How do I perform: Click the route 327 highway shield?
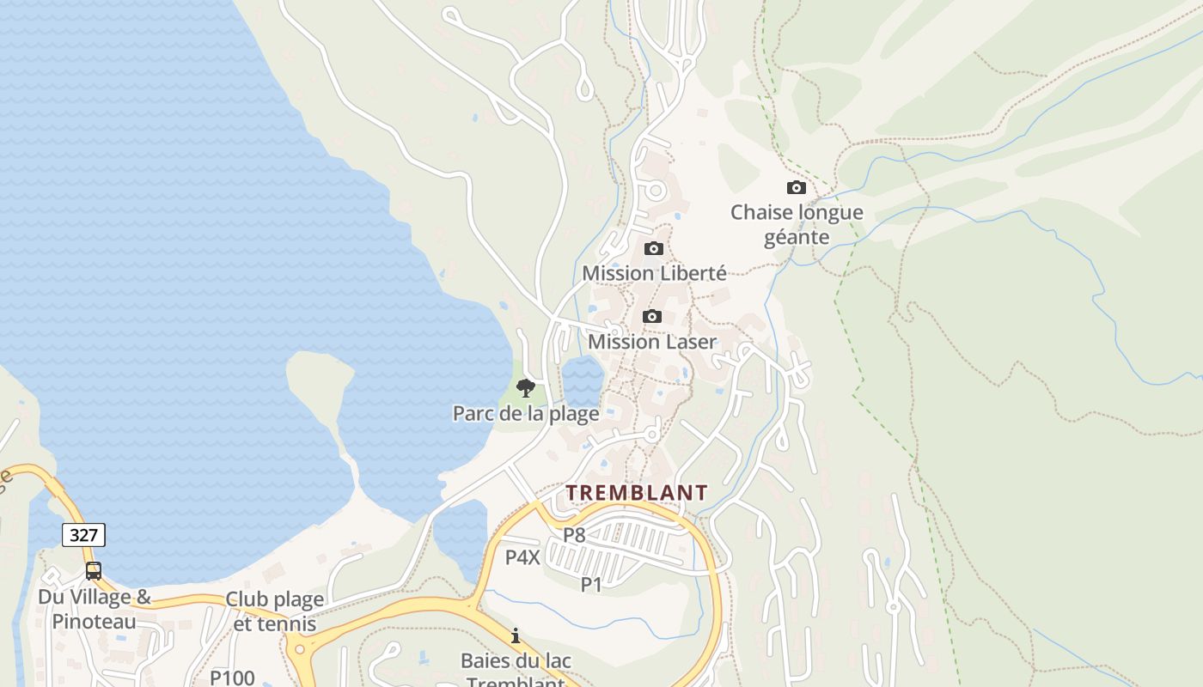(83, 535)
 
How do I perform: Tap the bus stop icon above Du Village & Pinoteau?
(94, 571)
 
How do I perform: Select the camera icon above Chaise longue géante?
(797, 187)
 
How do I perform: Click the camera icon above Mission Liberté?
(654, 249)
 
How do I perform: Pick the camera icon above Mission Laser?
(652, 316)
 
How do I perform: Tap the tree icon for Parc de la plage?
(526, 388)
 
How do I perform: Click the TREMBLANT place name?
(637, 493)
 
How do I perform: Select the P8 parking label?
(574, 535)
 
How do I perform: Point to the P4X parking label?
(522, 557)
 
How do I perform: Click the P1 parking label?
(591, 585)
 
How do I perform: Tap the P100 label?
(233, 678)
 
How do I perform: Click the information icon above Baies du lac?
(516, 636)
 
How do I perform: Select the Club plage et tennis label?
(275, 611)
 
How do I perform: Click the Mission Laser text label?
(652, 342)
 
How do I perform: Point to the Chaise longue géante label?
(797, 224)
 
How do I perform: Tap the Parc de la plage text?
(526, 413)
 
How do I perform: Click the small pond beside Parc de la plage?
(583, 380)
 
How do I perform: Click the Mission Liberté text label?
(654, 273)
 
